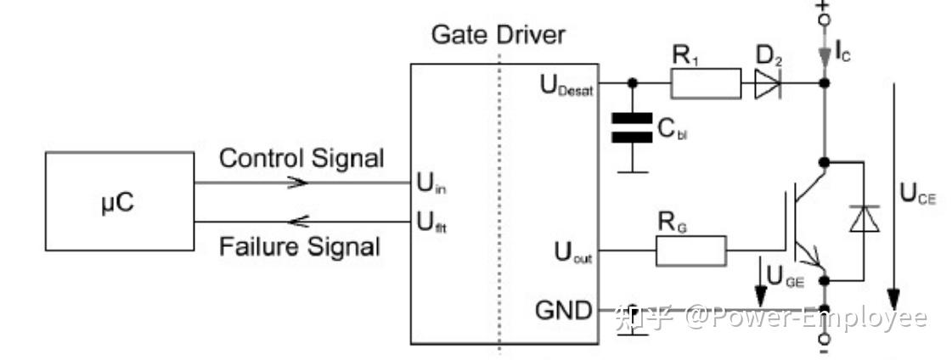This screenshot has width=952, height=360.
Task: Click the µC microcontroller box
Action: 119,201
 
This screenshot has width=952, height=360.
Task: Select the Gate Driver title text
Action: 498,35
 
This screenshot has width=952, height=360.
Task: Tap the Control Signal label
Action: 301,158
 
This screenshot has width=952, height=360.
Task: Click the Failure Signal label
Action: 299,247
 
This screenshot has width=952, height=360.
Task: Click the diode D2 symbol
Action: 768,84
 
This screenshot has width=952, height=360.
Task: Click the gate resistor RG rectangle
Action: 690,251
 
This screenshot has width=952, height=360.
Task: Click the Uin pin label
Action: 431,183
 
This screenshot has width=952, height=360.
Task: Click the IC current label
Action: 843,53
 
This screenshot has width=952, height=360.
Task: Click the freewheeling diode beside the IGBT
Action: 865,219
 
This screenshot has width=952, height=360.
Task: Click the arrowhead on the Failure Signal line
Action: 298,222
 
